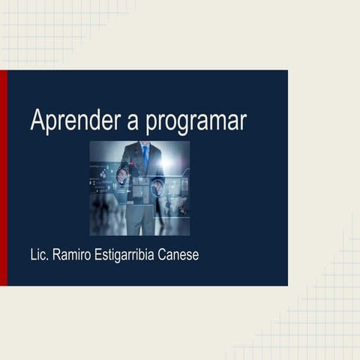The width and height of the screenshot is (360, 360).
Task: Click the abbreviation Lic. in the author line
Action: click(39, 255)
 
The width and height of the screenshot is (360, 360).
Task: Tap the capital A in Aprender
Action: click(37, 120)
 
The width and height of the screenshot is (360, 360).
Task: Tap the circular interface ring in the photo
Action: click(158, 187)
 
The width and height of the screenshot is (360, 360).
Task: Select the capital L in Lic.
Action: click(33, 255)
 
